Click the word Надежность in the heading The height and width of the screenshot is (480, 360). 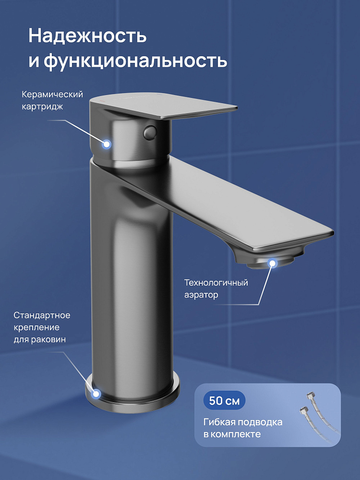tap(87, 36)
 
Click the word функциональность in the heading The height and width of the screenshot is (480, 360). tap(135, 60)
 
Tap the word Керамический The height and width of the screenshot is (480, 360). tap(52, 94)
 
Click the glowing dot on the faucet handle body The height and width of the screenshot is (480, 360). tap(107, 144)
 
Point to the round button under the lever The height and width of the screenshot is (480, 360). tap(150, 132)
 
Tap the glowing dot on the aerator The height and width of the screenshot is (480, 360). tap(272, 263)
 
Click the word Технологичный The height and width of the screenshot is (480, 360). tap(216, 282)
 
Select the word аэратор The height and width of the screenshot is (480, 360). tap(201, 295)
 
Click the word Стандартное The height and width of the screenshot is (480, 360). tap(42, 315)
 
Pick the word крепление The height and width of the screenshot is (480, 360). tap(36, 327)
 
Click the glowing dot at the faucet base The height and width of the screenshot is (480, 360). tap(96, 394)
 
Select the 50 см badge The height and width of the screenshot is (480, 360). tap(224, 400)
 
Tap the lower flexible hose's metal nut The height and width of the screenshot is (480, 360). tap(303, 410)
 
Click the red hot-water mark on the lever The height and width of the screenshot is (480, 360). tap(101, 100)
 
